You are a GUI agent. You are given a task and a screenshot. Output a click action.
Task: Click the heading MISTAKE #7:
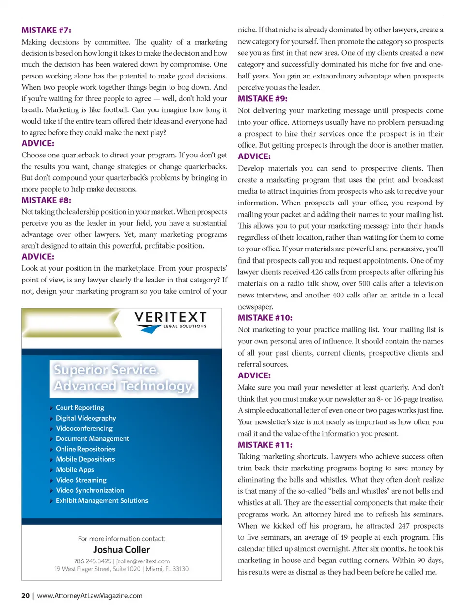click(x=46, y=30)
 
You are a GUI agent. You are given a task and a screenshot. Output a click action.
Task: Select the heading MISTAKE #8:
click(x=46, y=200)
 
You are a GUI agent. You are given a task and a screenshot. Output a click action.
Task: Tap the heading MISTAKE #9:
click(x=263, y=98)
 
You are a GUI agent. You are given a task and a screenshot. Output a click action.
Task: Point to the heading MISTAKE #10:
click(x=265, y=318)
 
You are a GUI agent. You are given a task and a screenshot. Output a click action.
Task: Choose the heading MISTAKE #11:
click(x=265, y=445)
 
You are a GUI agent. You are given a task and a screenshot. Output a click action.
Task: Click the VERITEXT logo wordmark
click(x=170, y=318)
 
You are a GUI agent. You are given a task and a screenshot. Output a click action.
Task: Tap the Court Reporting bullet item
click(x=80, y=408)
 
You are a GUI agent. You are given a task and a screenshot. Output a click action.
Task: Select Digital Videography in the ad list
click(x=86, y=418)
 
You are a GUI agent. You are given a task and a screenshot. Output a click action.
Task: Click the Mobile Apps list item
click(x=75, y=469)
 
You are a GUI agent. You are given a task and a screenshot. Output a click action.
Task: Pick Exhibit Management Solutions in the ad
click(x=102, y=500)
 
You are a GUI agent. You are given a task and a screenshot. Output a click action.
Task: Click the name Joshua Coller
click(x=122, y=550)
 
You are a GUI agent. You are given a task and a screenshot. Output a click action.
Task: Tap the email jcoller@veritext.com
click(x=143, y=561)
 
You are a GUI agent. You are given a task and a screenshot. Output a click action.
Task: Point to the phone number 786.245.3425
click(x=93, y=561)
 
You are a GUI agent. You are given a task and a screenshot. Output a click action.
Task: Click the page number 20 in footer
click(x=25, y=596)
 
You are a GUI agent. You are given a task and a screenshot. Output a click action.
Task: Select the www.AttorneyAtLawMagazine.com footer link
click(x=90, y=596)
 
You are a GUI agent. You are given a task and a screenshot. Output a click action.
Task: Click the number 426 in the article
click(x=317, y=272)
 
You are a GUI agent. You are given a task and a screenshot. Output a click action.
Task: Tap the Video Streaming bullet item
click(x=81, y=480)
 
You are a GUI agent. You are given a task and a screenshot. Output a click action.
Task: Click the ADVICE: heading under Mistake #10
click(x=254, y=375)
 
